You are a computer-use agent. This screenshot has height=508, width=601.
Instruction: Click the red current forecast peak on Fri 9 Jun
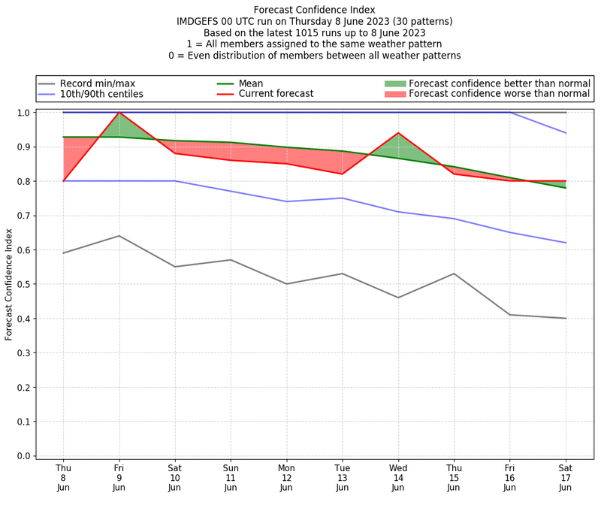coord(119,113)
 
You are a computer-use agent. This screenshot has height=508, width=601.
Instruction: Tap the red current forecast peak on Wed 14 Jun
coord(397,133)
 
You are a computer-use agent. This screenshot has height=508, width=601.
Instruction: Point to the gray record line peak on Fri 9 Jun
coord(119,236)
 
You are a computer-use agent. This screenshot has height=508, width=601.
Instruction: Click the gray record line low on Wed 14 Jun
coord(397,298)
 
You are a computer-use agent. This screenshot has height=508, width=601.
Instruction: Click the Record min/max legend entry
coord(97,83)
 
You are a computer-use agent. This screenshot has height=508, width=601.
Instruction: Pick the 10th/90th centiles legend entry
coord(101,94)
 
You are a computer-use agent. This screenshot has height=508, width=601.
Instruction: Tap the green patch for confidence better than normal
coord(394,83)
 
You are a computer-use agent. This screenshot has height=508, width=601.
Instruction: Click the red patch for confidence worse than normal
coord(394,94)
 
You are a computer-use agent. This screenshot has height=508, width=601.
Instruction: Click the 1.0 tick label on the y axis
coord(23,113)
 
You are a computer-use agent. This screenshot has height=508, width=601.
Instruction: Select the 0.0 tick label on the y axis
coord(23,456)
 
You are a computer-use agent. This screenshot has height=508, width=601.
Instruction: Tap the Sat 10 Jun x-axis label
coord(174,477)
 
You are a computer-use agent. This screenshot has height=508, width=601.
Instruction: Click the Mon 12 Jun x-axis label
coord(286,477)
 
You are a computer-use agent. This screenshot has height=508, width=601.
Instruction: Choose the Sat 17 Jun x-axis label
coord(565,477)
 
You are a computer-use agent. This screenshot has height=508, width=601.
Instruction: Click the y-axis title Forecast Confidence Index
coord(10,284)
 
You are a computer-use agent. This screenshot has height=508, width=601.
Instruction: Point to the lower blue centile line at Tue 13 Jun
coord(342,198)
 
